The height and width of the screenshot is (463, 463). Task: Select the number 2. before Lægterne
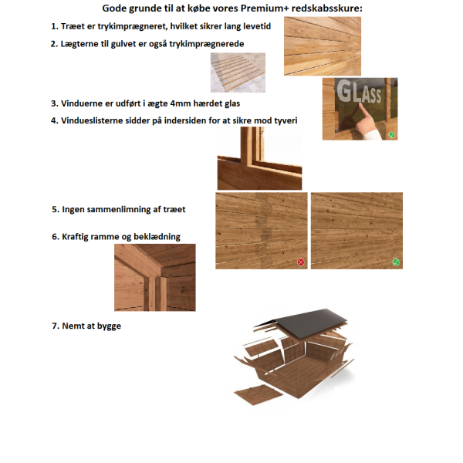tap(54, 44)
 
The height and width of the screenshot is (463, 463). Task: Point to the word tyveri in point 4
tap(286, 121)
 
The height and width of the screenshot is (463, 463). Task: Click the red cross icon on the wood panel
tap(301, 262)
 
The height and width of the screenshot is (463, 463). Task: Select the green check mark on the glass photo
tap(392, 135)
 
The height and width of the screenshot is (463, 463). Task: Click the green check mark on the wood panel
tap(396, 262)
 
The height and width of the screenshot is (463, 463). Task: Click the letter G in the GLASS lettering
tap(343, 91)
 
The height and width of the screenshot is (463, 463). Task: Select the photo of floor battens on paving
tap(238, 73)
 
